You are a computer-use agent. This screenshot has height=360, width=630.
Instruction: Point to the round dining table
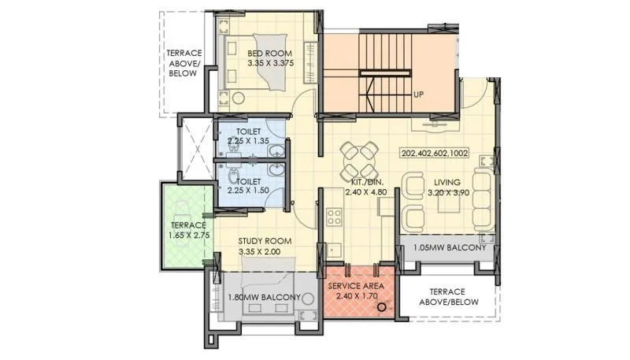coord(361,160)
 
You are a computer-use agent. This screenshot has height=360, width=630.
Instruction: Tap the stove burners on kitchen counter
coord(333,215)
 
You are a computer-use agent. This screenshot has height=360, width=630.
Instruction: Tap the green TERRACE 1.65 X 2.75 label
coord(187,229)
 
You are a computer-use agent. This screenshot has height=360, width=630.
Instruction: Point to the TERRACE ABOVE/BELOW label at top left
coord(183,64)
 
